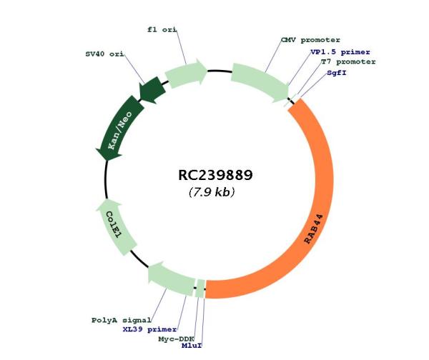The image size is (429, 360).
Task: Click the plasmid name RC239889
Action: (215, 175)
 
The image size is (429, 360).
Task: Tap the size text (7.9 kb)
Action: (212, 192)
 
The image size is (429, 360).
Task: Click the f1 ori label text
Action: (161, 29)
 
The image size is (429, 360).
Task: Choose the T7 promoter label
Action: (348, 62)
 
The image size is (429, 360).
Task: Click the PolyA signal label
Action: (121, 319)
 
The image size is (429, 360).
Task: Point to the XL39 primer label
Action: (148, 329)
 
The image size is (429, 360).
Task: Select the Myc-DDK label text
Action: (176, 339)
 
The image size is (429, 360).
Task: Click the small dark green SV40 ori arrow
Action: (152, 90)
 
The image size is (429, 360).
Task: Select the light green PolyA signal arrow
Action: (169, 278)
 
